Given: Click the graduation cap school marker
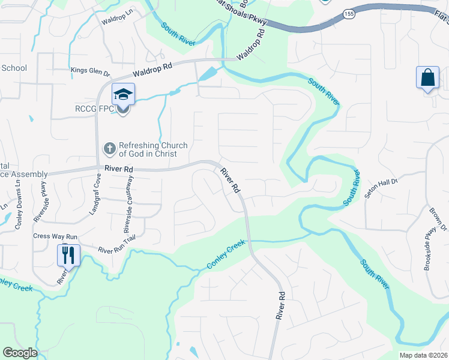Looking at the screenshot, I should pos(123,94).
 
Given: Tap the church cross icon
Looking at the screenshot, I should pos(110,148).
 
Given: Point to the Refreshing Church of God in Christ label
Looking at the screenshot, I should pos(152,149).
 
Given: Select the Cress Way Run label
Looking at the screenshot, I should pos(56,236).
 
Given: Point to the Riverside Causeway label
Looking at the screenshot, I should pos(127,213).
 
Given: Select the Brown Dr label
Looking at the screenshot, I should pos(438,219).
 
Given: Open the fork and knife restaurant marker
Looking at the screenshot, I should pos(68,256).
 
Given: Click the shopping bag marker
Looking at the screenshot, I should pos(427,78).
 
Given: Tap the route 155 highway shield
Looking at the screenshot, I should pos(348,13).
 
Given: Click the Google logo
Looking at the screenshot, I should pos(20,353).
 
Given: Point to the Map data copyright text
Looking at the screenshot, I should pos(423,355).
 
